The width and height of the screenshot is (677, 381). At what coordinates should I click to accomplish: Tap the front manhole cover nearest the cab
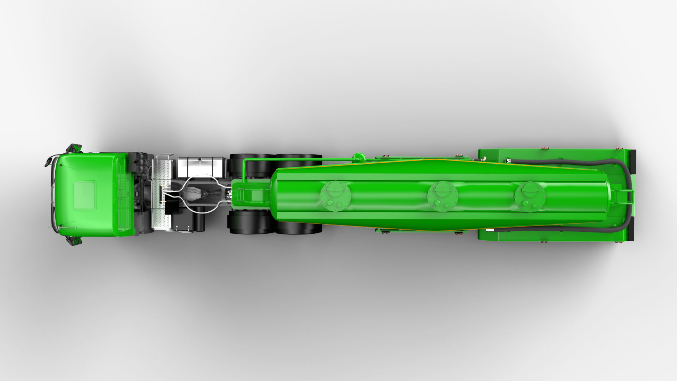coord(336,196)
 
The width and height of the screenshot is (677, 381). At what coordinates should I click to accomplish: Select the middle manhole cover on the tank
coord(442,196)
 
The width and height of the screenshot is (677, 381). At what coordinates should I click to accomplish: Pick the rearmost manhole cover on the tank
coord(530,196)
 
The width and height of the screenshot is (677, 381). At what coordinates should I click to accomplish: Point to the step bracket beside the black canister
coord(185,231)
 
